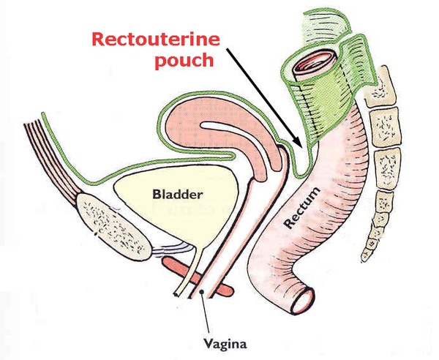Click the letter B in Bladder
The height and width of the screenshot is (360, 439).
(x=156, y=195)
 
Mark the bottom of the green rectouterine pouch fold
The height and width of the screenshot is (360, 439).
(x=297, y=174)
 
